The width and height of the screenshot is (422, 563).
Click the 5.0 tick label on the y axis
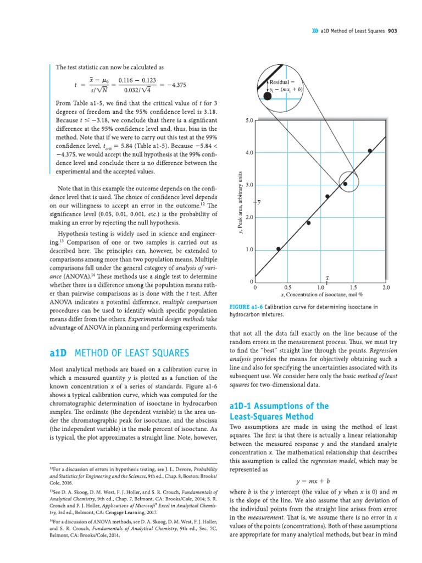(x=248, y=120)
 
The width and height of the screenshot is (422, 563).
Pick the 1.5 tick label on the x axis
(x=353, y=287)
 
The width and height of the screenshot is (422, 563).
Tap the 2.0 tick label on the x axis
(x=386, y=287)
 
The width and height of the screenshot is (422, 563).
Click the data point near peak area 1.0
(x=278, y=249)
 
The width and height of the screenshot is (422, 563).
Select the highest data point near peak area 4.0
(x=370, y=151)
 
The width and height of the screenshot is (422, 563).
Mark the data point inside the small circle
(x=345, y=184)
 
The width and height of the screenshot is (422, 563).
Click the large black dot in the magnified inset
(x=266, y=96)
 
